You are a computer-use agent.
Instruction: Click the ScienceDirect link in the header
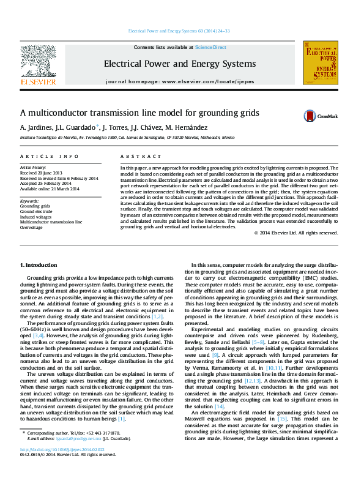click(x=210, y=47)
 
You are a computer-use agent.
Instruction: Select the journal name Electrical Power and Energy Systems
click(x=179, y=64)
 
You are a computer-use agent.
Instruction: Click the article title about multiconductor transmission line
click(x=139, y=113)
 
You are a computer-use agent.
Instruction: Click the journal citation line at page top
click(x=179, y=31)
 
